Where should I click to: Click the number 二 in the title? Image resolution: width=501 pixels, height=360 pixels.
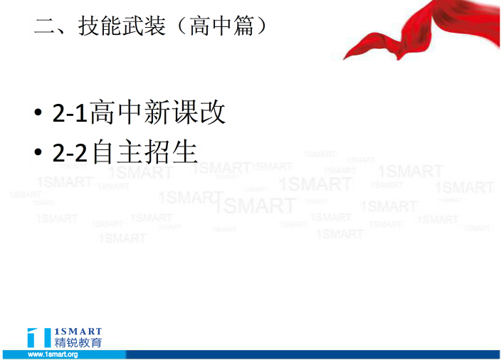(45, 26)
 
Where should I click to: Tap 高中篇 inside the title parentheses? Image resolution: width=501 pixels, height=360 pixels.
(221, 26)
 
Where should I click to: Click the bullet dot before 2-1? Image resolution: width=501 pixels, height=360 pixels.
(38, 112)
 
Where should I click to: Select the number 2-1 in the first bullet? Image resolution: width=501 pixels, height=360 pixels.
(70, 113)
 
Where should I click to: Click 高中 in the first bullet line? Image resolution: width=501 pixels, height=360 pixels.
(116, 112)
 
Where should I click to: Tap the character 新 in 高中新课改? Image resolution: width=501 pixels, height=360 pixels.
(157, 112)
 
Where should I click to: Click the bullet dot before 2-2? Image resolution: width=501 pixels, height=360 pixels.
(38, 152)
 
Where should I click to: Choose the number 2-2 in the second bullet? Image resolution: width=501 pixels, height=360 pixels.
(70, 153)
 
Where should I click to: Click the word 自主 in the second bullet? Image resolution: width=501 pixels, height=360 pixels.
(117, 152)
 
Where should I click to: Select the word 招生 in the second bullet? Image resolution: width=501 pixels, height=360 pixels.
(170, 152)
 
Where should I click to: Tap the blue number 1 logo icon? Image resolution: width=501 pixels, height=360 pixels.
(39, 337)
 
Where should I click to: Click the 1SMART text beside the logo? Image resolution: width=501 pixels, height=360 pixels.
(78, 332)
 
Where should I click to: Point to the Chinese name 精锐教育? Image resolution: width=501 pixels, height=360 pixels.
(78, 342)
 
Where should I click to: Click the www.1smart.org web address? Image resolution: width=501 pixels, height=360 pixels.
(53, 354)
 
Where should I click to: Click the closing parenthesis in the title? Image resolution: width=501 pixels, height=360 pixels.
(261, 26)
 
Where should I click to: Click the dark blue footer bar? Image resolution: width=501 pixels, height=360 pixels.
(312, 354)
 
